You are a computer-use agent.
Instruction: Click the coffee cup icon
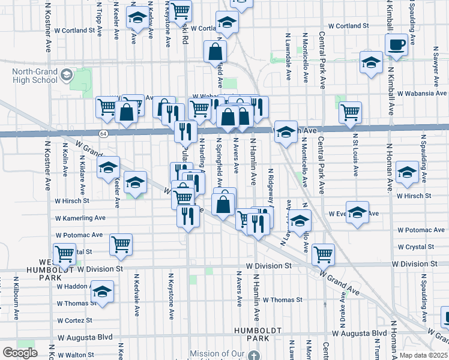click(396, 44)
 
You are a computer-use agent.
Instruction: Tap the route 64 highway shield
click(103, 133)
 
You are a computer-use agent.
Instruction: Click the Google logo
click(20, 353)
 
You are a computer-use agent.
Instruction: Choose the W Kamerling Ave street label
click(80, 218)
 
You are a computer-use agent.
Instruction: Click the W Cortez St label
click(75, 320)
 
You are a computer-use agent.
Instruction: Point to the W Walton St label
click(74, 355)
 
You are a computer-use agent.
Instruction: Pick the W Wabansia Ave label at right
click(423, 94)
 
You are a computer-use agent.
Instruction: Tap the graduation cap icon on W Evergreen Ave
click(358, 214)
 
